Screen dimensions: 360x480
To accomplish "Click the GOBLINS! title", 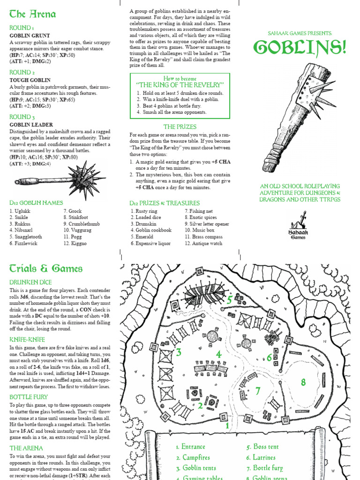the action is click(x=300, y=48).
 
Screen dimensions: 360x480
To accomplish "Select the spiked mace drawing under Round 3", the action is click(x=60, y=179).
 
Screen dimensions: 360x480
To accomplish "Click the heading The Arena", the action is click(x=32, y=14).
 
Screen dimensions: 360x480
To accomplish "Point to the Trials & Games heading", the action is click(x=46, y=269).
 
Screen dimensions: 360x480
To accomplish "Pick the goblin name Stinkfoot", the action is click(x=78, y=217).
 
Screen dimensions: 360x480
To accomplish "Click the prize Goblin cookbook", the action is click(x=151, y=231).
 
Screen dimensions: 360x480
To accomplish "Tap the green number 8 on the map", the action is click(x=303, y=382).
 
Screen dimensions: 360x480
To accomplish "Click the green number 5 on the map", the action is click(x=230, y=300).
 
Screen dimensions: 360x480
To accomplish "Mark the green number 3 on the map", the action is click(x=178, y=352).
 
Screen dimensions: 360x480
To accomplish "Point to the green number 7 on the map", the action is click(x=257, y=390).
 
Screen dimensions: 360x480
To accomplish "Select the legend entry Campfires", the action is click(x=193, y=457).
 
